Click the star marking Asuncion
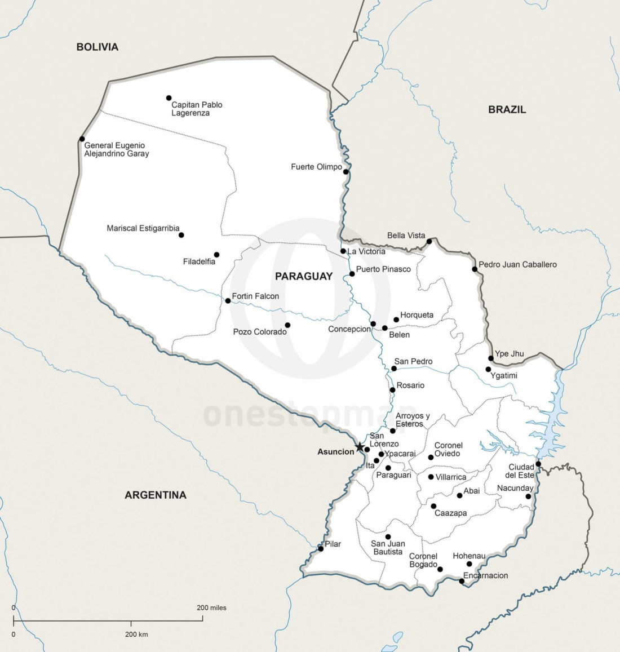(360, 447)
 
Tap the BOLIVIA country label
(98, 47)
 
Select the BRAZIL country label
(507, 110)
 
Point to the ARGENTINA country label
(155, 495)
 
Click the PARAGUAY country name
(304, 276)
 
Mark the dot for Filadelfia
(216, 255)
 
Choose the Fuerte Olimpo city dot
(346, 172)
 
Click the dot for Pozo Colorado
(287, 325)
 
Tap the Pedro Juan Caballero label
(517, 264)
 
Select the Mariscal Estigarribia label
(143, 229)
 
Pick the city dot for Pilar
(321, 548)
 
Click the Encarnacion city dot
(462, 582)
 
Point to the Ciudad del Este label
(521, 471)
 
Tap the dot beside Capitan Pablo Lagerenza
(169, 98)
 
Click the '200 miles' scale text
(211, 608)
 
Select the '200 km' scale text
(136, 635)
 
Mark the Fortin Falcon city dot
(228, 301)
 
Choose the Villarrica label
(451, 477)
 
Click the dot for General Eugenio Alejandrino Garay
(82, 139)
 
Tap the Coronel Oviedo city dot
(431, 458)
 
